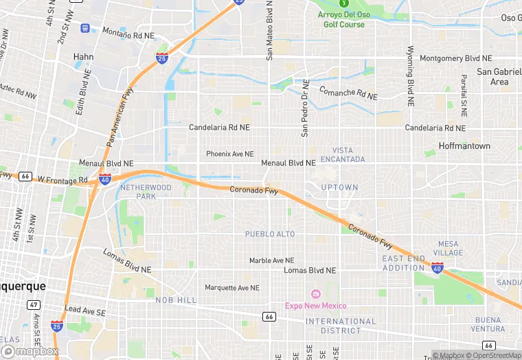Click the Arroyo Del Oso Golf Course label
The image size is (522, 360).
(x=343, y=19)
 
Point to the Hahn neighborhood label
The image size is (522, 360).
(x=83, y=57)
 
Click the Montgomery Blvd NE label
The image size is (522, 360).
(x=455, y=58)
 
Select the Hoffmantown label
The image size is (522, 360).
(x=466, y=146)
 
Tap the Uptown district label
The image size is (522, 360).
(x=339, y=188)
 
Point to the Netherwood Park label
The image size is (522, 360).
(x=146, y=192)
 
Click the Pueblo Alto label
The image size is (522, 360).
(x=270, y=234)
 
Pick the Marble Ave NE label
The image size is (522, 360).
(x=271, y=261)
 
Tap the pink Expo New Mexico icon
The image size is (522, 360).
(x=315, y=293)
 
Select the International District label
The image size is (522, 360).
(x=341, y=326)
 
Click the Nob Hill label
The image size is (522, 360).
(x=175, y=300)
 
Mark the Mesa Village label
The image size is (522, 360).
(x=448, y=248)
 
